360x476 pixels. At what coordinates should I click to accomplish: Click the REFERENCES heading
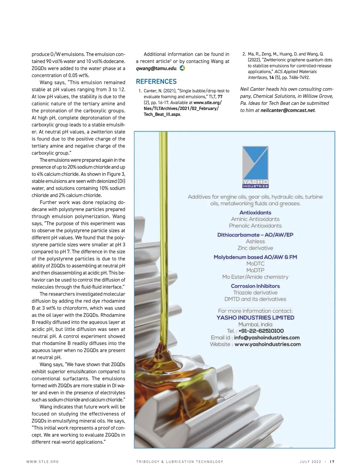pos(156,82)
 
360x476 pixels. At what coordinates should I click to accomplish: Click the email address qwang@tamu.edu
pos(156,68)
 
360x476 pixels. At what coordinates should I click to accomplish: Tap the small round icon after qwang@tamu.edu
pos(182,68)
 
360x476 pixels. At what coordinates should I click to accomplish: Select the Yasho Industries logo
pos(255,167)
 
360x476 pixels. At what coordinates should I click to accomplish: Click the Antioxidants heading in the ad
pos(255,213)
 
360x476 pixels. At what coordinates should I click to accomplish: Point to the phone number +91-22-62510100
pos(261,331)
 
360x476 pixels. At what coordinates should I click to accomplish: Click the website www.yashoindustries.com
pos(268,344)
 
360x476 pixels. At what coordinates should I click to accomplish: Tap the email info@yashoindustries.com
pos(267,338)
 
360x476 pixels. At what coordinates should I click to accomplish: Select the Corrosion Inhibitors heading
pos(255,286)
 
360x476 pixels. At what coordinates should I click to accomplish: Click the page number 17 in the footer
pos(332,462)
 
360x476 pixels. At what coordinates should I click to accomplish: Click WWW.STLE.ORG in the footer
pos(43,462)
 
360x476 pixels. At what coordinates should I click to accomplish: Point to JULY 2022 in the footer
pos(310,462)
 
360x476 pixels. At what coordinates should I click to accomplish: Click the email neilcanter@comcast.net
pos(288,110)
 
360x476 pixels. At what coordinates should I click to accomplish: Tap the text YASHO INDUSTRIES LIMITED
pos(255,317)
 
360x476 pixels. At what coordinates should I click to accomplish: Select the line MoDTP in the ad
pos(255,270)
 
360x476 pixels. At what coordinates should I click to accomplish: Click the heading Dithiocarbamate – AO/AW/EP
pos(255,235)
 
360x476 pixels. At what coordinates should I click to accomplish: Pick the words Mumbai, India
pos(255,324)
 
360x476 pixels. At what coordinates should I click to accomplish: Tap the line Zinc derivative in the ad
pos(255,248)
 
